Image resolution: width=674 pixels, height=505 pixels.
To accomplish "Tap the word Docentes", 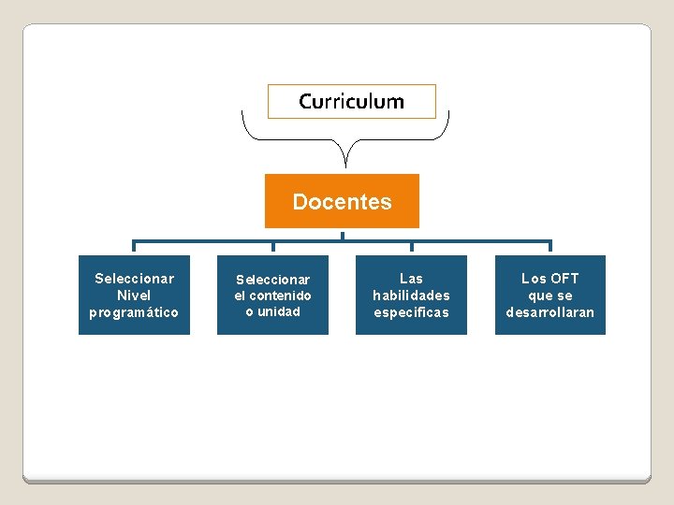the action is pyautogui.click(x=342, y=201).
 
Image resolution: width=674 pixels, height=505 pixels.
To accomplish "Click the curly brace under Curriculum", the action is pyautogui.click(x=345, y=140).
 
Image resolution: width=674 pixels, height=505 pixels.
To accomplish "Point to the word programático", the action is pyautogui.click(x=134, y=312).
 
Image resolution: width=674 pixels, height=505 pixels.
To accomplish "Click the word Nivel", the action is pyautogui.click(x=134, y=296).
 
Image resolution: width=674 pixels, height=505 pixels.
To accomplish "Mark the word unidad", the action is pyautogui.click(x=279, y=311).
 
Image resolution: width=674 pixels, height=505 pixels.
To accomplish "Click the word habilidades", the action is pyautogui.click(x=411, y=296).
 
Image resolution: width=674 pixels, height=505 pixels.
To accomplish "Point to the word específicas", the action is pyautogui.click(x=411, y=312).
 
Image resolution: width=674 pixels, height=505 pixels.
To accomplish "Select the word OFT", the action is pyautogui.click(x=564, y=279).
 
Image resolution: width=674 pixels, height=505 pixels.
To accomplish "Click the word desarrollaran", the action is pyautogui.click(x=549, y=312).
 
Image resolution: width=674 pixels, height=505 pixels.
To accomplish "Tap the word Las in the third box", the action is pyautogui.click(x=411, y=279).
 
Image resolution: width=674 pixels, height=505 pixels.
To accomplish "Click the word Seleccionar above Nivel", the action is pyautogui.click(x=134, y=279).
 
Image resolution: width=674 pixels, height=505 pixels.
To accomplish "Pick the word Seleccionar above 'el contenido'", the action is pyautogui.click(x=272, y=280).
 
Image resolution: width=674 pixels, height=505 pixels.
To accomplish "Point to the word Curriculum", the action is pyautogui.click(x=351, y=101).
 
